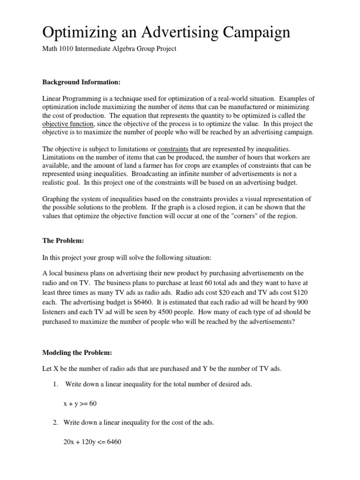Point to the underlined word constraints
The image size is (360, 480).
(x=173, y=149)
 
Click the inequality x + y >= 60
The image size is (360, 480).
(x=80, y=403)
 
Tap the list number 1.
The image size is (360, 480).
(x=55, y=384)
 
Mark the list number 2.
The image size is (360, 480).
(x=55, y=422)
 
